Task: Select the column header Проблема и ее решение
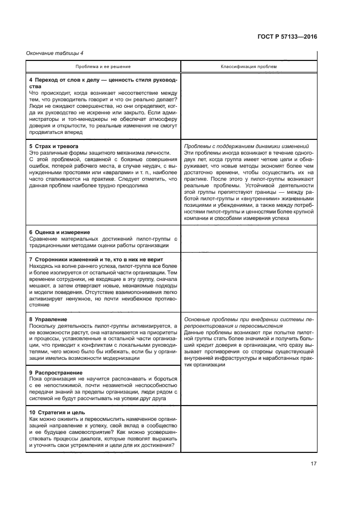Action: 103,66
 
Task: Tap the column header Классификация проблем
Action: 248,66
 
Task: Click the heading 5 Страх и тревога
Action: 53,146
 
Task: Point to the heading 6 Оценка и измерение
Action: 59,232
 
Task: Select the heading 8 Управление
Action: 48,319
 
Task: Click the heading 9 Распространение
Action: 57,372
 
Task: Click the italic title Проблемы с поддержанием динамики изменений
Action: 247,146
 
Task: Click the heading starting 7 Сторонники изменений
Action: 95,260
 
